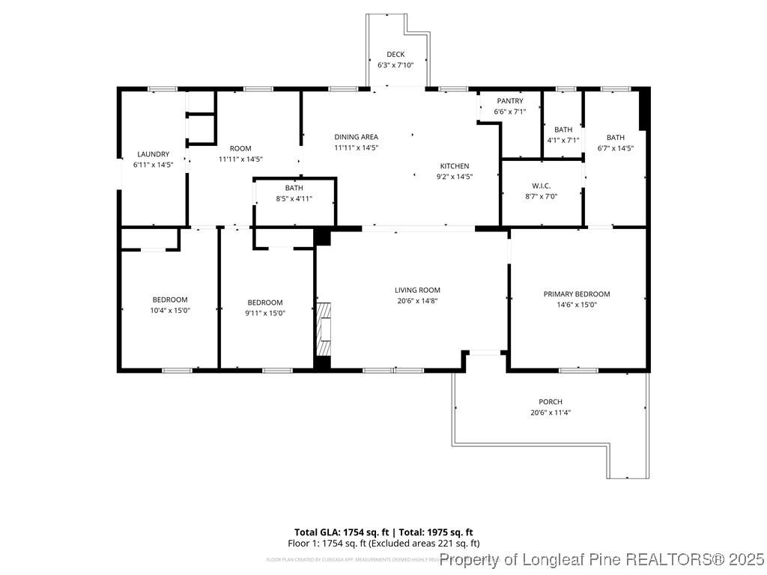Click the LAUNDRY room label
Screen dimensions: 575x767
coord(153,154)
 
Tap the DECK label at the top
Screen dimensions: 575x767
coord(395,55)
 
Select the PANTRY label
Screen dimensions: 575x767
coord(509,101)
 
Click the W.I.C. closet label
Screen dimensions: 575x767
coord(542,186)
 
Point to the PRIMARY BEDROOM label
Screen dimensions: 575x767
coord(577,294)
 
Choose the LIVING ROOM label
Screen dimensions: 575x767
coord(418,290)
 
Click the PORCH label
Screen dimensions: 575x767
coord(550,402)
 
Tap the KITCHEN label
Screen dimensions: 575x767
coord(455,166)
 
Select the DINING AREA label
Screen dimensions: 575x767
coord(356,137)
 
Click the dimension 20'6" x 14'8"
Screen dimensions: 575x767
coord(418,301)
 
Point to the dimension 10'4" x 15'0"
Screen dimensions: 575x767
coord(170,311)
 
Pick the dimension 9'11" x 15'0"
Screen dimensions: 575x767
coord(266,313)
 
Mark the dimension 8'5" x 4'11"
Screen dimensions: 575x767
coord(294,199)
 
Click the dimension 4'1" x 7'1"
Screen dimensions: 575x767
coord(563,140)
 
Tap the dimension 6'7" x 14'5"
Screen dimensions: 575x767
coord(615,148)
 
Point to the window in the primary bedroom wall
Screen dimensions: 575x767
coord(578,370)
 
